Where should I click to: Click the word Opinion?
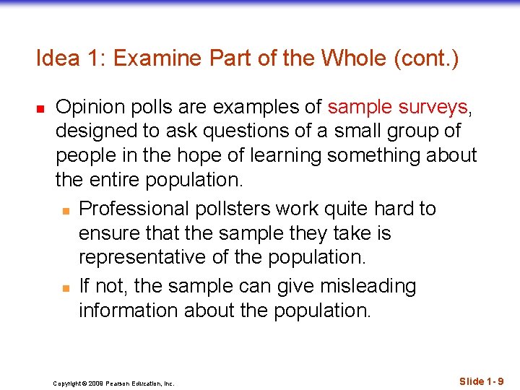click(90, 108)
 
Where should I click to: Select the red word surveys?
click(432, 108)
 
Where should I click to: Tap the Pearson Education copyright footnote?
click(113, 383)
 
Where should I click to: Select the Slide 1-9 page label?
click(482, 381)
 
